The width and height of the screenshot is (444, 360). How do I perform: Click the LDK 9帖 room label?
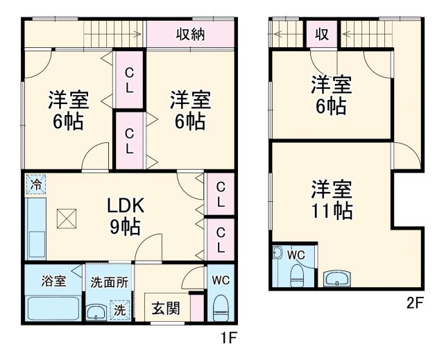pos(125,215)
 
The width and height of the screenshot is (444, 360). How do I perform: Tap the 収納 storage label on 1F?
pos(189,34)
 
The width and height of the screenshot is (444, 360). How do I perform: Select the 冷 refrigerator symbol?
pos(35,185)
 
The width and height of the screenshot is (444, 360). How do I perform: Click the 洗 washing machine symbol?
pos(120,310)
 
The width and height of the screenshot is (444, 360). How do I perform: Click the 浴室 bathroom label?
pos(53,281)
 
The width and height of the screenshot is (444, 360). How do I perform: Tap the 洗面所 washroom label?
pos(108,282)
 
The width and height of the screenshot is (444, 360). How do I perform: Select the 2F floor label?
pos(415,302)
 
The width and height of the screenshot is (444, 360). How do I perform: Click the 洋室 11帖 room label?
pos(332,199)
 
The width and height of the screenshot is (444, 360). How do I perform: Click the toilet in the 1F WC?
pos(221,307)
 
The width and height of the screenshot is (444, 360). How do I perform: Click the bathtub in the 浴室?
pos(53,307)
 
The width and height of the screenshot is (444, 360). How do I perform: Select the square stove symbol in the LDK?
pos(67,219)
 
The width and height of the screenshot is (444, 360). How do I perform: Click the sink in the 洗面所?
pos(97,312)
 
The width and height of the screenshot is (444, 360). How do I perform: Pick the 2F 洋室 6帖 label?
pos(331,96)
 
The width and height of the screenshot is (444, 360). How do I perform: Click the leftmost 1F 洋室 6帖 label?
pos(67,110)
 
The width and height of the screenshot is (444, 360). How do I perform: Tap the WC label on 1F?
pos(221,281)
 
